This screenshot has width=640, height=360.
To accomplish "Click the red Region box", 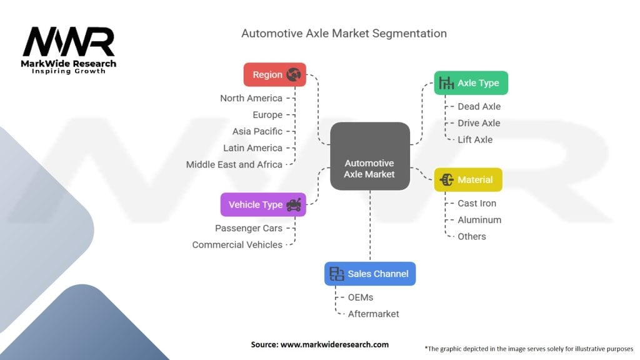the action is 275,75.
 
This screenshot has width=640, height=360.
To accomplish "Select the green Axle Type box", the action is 471,83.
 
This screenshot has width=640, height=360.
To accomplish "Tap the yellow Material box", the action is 468,179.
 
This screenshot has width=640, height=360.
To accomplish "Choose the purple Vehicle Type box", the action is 263,204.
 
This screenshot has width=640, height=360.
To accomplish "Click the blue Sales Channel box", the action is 370,274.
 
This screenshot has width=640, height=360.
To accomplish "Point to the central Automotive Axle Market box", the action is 370,156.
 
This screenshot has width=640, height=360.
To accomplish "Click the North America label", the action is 251,98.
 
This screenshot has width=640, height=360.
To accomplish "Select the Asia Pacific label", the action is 257,131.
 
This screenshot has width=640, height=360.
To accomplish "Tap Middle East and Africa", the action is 234,164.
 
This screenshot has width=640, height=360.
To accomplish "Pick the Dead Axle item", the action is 479,106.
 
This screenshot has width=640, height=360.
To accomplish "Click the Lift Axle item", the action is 475,139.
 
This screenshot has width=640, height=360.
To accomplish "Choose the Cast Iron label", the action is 477,203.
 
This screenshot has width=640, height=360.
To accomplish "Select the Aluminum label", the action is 479,220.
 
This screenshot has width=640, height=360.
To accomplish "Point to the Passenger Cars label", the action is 249,228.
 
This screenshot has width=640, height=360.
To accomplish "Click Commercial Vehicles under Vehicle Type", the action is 237,245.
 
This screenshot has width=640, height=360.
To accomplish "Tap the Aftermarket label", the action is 374,314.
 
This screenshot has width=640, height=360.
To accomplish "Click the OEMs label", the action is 361,297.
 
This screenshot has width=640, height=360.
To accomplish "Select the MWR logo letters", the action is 69,42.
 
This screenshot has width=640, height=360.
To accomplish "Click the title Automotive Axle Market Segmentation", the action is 344,34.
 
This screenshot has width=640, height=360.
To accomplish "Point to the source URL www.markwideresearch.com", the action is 335,344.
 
